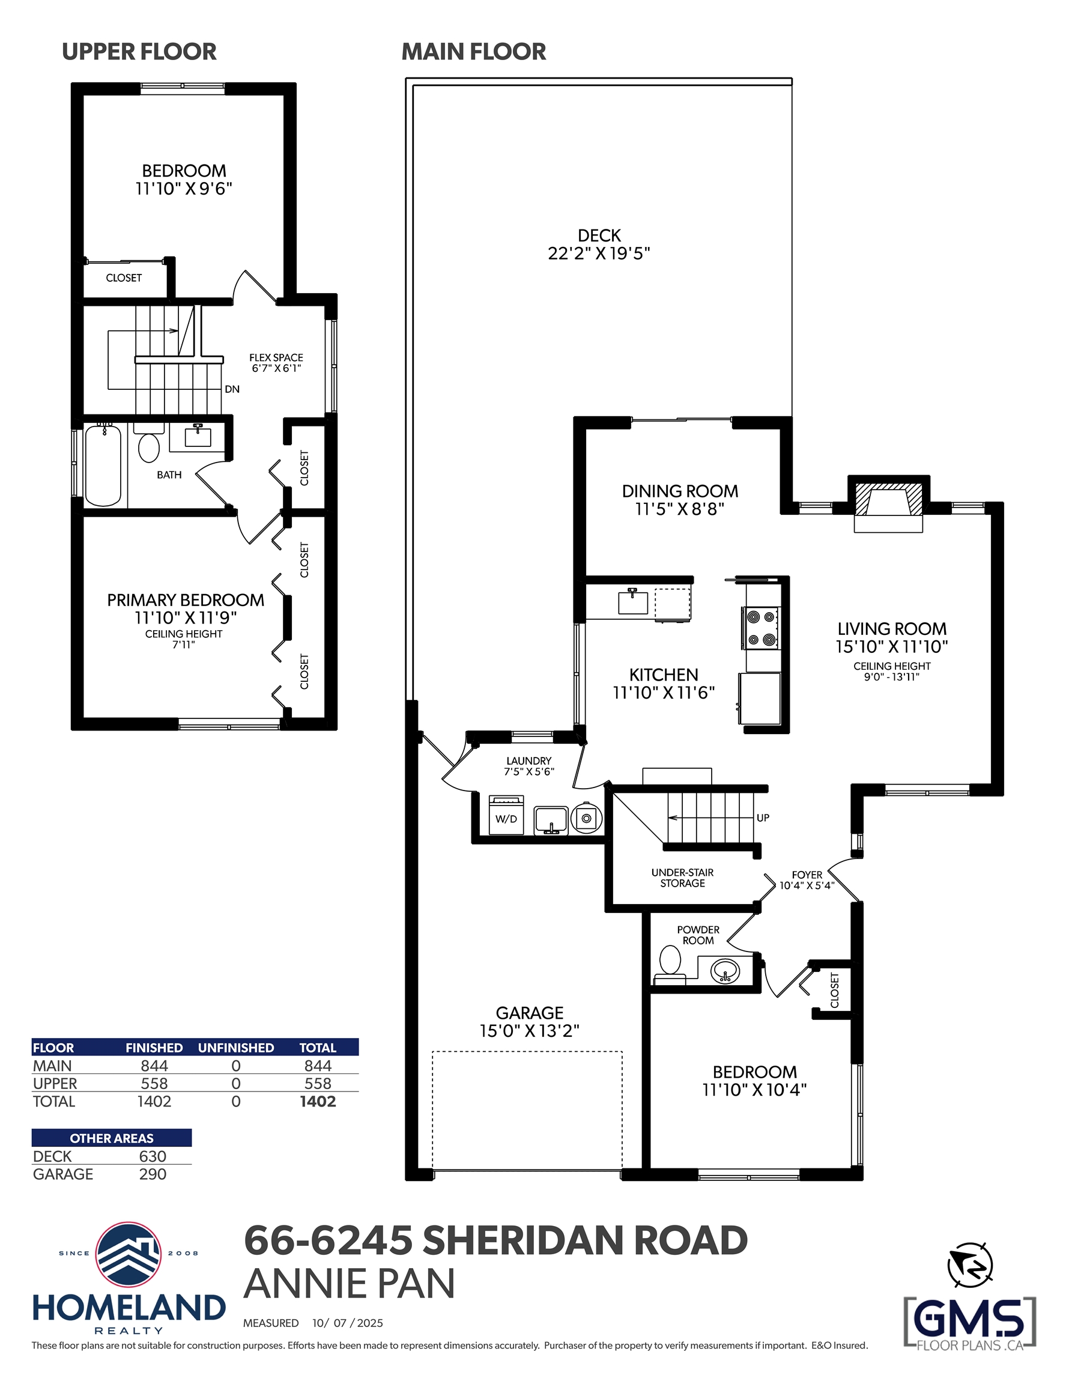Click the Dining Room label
[680, 491]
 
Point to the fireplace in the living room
[888, 504]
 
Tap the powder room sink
[725, 970]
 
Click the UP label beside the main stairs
[763, 818]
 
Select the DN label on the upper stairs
[232, 389]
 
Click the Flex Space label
[276, 357]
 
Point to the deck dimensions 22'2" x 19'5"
[599, 253]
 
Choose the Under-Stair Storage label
[682, 878]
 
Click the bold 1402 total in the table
[318, 1101]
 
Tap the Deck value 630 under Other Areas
[153, 1156]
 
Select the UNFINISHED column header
[236, 1048]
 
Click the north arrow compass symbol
[969, 1266]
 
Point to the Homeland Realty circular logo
[128, 1255]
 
